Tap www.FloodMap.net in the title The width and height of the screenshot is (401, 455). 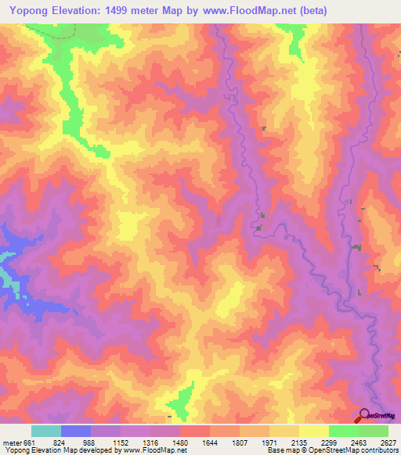click(x=241, y=10)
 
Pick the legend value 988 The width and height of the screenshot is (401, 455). click(x=91, y=442)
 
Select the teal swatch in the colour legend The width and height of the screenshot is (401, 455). click(x=46, y=431)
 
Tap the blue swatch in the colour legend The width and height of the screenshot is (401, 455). click(x=76, y=431)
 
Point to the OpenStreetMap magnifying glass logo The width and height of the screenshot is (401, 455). click(x=363, y=414)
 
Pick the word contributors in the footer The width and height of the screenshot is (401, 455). click(x=381, y=450)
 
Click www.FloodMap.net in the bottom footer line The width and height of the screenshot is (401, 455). click(x=150, y=450)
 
